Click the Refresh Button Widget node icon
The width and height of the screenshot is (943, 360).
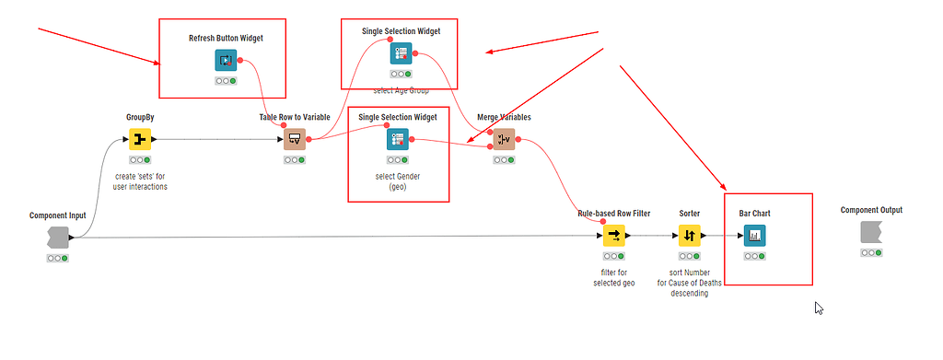pos(226,61)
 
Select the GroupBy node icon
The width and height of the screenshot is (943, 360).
pos(139,140)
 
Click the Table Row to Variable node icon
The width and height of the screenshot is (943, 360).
pos(295,140)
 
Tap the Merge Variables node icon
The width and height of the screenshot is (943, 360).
pos(503,140)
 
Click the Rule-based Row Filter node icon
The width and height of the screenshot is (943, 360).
pos(613,236)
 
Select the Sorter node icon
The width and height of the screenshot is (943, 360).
pos(690,236)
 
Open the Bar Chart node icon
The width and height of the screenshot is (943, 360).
pos(754,236)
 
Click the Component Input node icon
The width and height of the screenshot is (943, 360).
pos(57,238)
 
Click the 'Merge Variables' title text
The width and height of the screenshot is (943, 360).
pos(504,118)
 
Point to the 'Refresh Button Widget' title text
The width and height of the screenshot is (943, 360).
pos(226,38)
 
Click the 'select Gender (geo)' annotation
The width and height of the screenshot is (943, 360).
pos(397,180)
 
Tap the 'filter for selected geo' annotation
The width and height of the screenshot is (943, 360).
pos(613,277)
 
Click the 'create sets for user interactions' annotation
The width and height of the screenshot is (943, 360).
pos(139,180)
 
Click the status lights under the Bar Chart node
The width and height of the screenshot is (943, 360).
pos(754,256)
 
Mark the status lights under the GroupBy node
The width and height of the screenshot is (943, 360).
pos(139,160)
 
